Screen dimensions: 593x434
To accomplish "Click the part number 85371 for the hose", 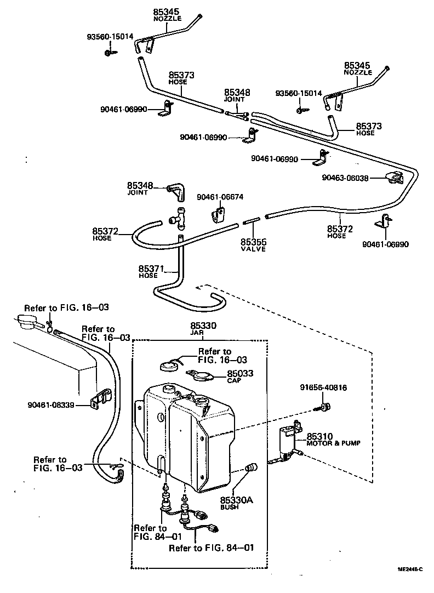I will [x=151, y=269].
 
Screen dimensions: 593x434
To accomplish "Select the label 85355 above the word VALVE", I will [x=253, y=242].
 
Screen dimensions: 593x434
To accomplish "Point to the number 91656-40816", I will [x=323, y=388].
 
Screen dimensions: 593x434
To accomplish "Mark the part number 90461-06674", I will [x=219, y=197].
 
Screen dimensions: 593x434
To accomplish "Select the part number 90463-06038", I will [x=345, y=178].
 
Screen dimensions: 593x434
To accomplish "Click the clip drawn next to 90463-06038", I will [x=394, y=178].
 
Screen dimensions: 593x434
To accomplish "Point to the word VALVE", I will [x=253, y=249].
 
